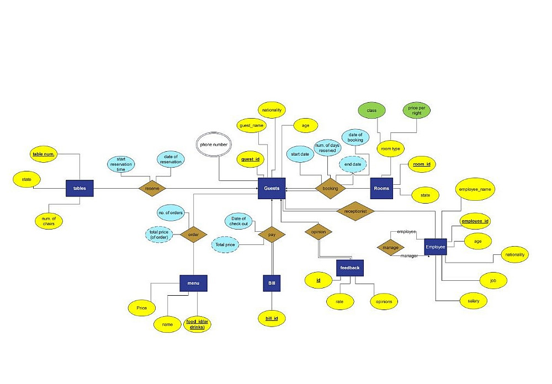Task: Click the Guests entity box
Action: pos(272,188)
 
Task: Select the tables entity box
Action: pos(79,188)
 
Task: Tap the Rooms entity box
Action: pos(381,188)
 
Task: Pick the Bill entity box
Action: pos(272,284)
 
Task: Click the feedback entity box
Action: pos(350,268)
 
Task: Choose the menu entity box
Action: pos(193,284)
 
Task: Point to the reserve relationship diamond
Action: pos(152,188)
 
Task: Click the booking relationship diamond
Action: pos(330,188)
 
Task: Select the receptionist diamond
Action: pos(355,211)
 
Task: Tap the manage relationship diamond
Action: pos(390,248)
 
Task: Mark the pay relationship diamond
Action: pos(272,234)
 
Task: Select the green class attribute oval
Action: pos(371,111)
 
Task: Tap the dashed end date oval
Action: pos(352,164)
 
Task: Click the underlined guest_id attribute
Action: pos(250,159)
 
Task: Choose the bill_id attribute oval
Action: pos(272,318)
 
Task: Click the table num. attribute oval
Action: pos(44,154)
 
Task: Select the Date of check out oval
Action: pos(239,221)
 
